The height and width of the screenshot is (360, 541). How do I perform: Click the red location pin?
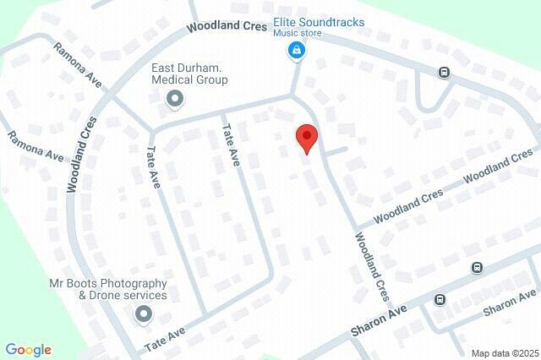coord(306,138)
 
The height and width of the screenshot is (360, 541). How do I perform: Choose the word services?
coord(145,296)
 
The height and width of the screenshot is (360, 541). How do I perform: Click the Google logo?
coord(28,350)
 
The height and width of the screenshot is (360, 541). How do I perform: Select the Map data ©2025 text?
coord(504,353)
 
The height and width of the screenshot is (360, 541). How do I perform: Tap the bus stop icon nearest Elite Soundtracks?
coord(443,73)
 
